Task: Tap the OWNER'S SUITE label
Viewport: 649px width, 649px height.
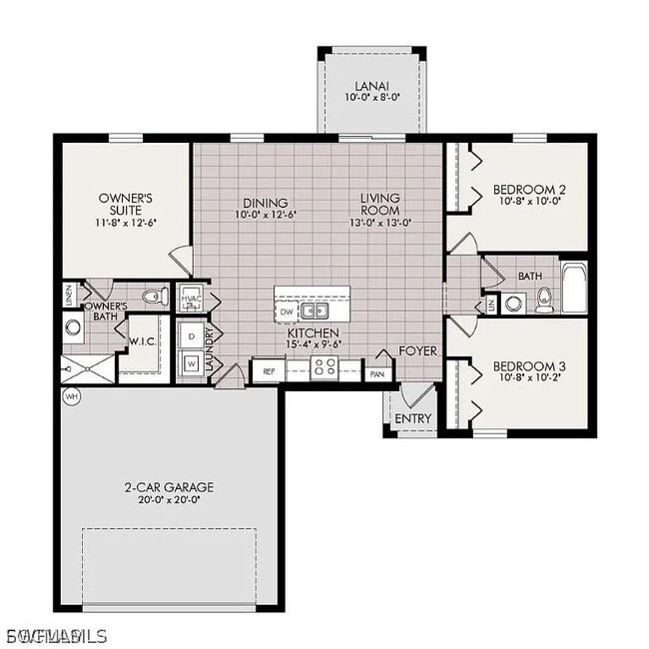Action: click(124, 204)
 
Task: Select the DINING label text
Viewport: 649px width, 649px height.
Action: click(266, 202)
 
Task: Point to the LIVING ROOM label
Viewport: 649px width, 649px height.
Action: click(380, 204)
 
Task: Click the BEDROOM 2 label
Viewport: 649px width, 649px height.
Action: click(529, 190)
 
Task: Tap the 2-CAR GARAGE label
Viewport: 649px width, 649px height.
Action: click(169, 487)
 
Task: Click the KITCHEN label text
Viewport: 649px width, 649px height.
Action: click(313, 332)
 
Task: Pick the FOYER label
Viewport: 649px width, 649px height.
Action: click(416, 351)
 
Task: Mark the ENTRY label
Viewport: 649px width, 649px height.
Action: click(412, 418)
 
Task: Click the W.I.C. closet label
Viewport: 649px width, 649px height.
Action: click(140, 341)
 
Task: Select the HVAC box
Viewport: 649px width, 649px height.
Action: click(192, 298)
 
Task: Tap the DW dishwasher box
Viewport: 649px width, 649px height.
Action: click(288, 312)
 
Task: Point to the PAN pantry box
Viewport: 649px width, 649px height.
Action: click(376, 373)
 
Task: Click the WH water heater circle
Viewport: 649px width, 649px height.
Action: click(71, 396)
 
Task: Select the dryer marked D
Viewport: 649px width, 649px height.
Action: click(192, 335)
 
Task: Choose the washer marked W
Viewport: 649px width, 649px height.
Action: click(192, 363)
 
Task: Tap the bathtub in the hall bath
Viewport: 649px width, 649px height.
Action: click(575, 288)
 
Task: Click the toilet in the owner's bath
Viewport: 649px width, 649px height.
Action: click(153, 296)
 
